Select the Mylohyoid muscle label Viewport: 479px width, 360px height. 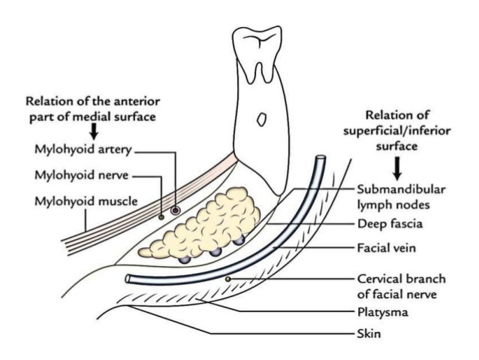[x=74, y=201]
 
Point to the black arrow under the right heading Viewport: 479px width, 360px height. [x=395, y=162]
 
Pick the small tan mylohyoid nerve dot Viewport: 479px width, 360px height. [x=161, y=216]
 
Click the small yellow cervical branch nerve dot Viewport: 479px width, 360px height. [x=227, y=280]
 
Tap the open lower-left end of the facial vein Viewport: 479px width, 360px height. [x=129, y=278]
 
